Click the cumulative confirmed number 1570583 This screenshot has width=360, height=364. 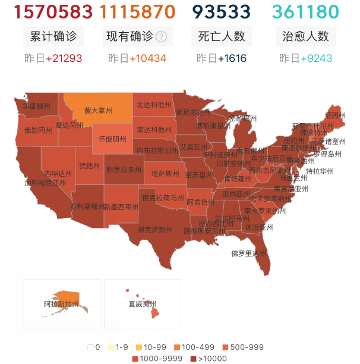tap(53, 12)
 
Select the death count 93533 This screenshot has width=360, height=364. tap(221, 12)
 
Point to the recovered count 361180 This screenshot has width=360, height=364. tap(305, 12)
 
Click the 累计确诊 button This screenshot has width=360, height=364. tap(53, 36)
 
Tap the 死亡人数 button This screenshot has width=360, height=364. tap(221, 36)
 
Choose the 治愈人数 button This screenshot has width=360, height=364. tap(305, 36)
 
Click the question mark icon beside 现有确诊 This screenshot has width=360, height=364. tap(160, 37)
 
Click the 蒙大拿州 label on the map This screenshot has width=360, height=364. tap(99, 110)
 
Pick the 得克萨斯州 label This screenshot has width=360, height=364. tap(156, 229)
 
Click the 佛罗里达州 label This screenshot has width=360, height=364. tap(249, 253)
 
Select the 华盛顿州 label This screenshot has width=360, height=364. tap(36, 106)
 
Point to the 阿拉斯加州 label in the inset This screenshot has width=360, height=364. tap(61, 304)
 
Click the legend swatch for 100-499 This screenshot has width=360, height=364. tap(177, 347)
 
